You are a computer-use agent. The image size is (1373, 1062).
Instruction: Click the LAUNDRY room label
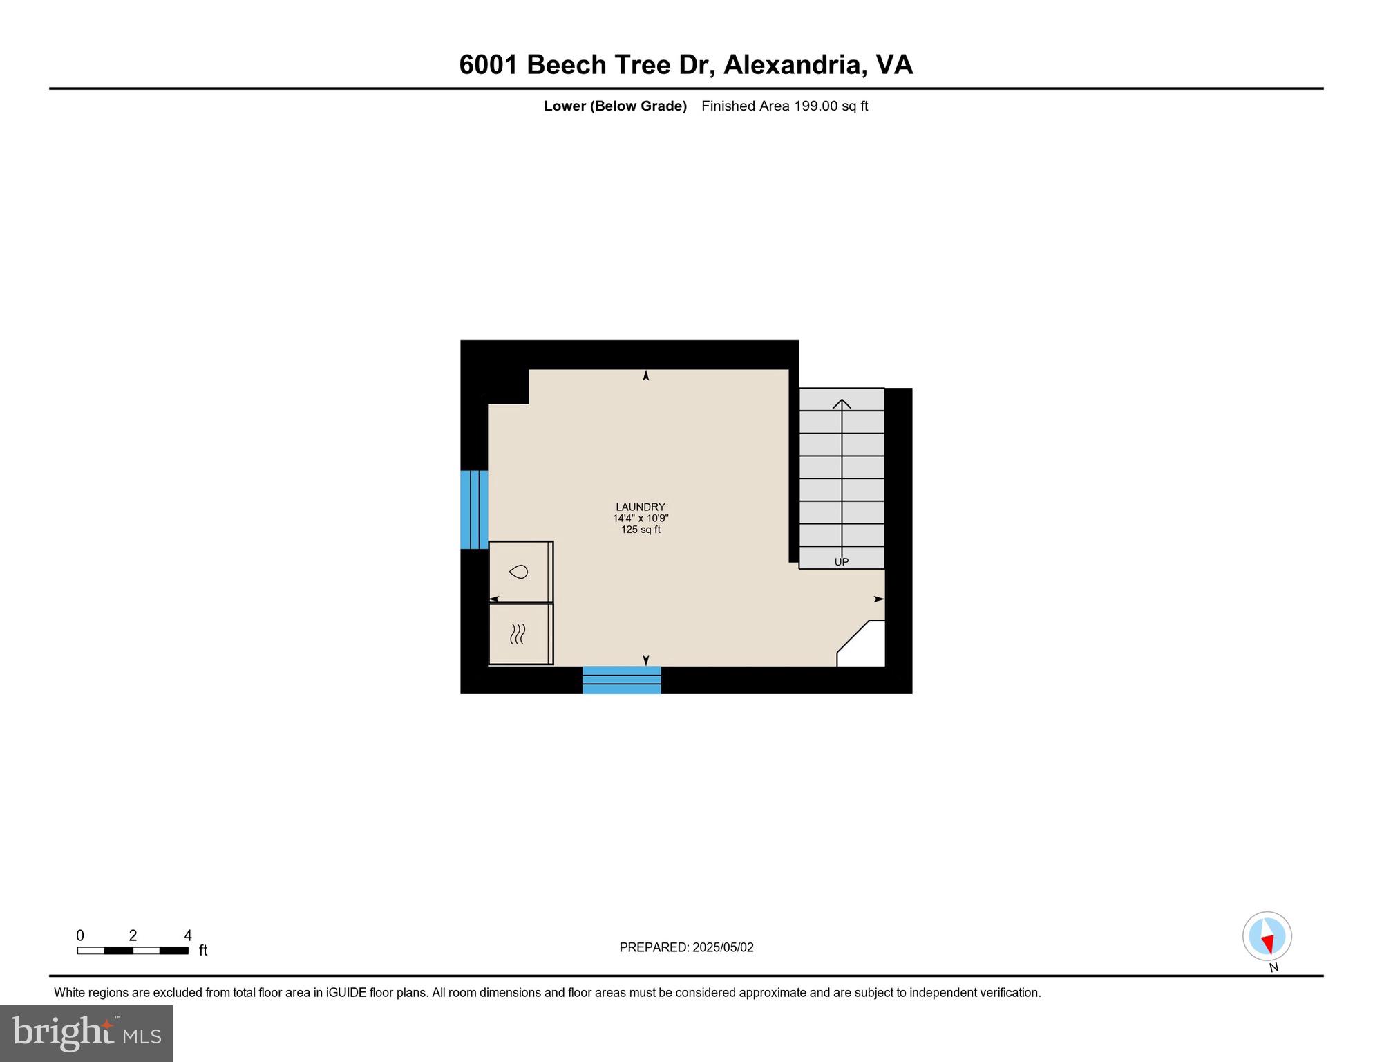[640, 507]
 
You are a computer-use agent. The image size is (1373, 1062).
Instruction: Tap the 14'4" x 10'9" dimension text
[640, 519]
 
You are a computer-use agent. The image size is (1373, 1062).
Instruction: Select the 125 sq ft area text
[640, 530]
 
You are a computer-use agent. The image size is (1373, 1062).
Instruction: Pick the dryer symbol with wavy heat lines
[518, 633]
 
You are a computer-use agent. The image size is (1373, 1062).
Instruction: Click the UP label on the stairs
[841, 561]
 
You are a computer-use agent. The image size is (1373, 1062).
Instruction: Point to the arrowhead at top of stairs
[842, 403]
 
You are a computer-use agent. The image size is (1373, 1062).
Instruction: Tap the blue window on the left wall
[474, 510]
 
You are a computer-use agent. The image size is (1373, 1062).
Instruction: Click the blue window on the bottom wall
[621, 680]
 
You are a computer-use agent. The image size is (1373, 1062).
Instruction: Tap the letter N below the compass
[1273, 967]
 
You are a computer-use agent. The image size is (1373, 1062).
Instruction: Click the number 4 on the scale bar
[188, 935]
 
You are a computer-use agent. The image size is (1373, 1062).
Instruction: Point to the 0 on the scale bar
[80, 935]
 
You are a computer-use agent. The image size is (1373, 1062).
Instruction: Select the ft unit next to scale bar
[203, 951]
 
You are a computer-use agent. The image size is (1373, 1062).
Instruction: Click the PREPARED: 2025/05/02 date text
[686, 947]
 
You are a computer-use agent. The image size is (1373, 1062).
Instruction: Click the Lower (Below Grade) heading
[615, 106]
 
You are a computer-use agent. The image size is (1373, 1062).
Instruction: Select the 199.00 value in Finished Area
[815, 106]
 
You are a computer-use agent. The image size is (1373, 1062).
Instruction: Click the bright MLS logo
[86, 1033]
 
